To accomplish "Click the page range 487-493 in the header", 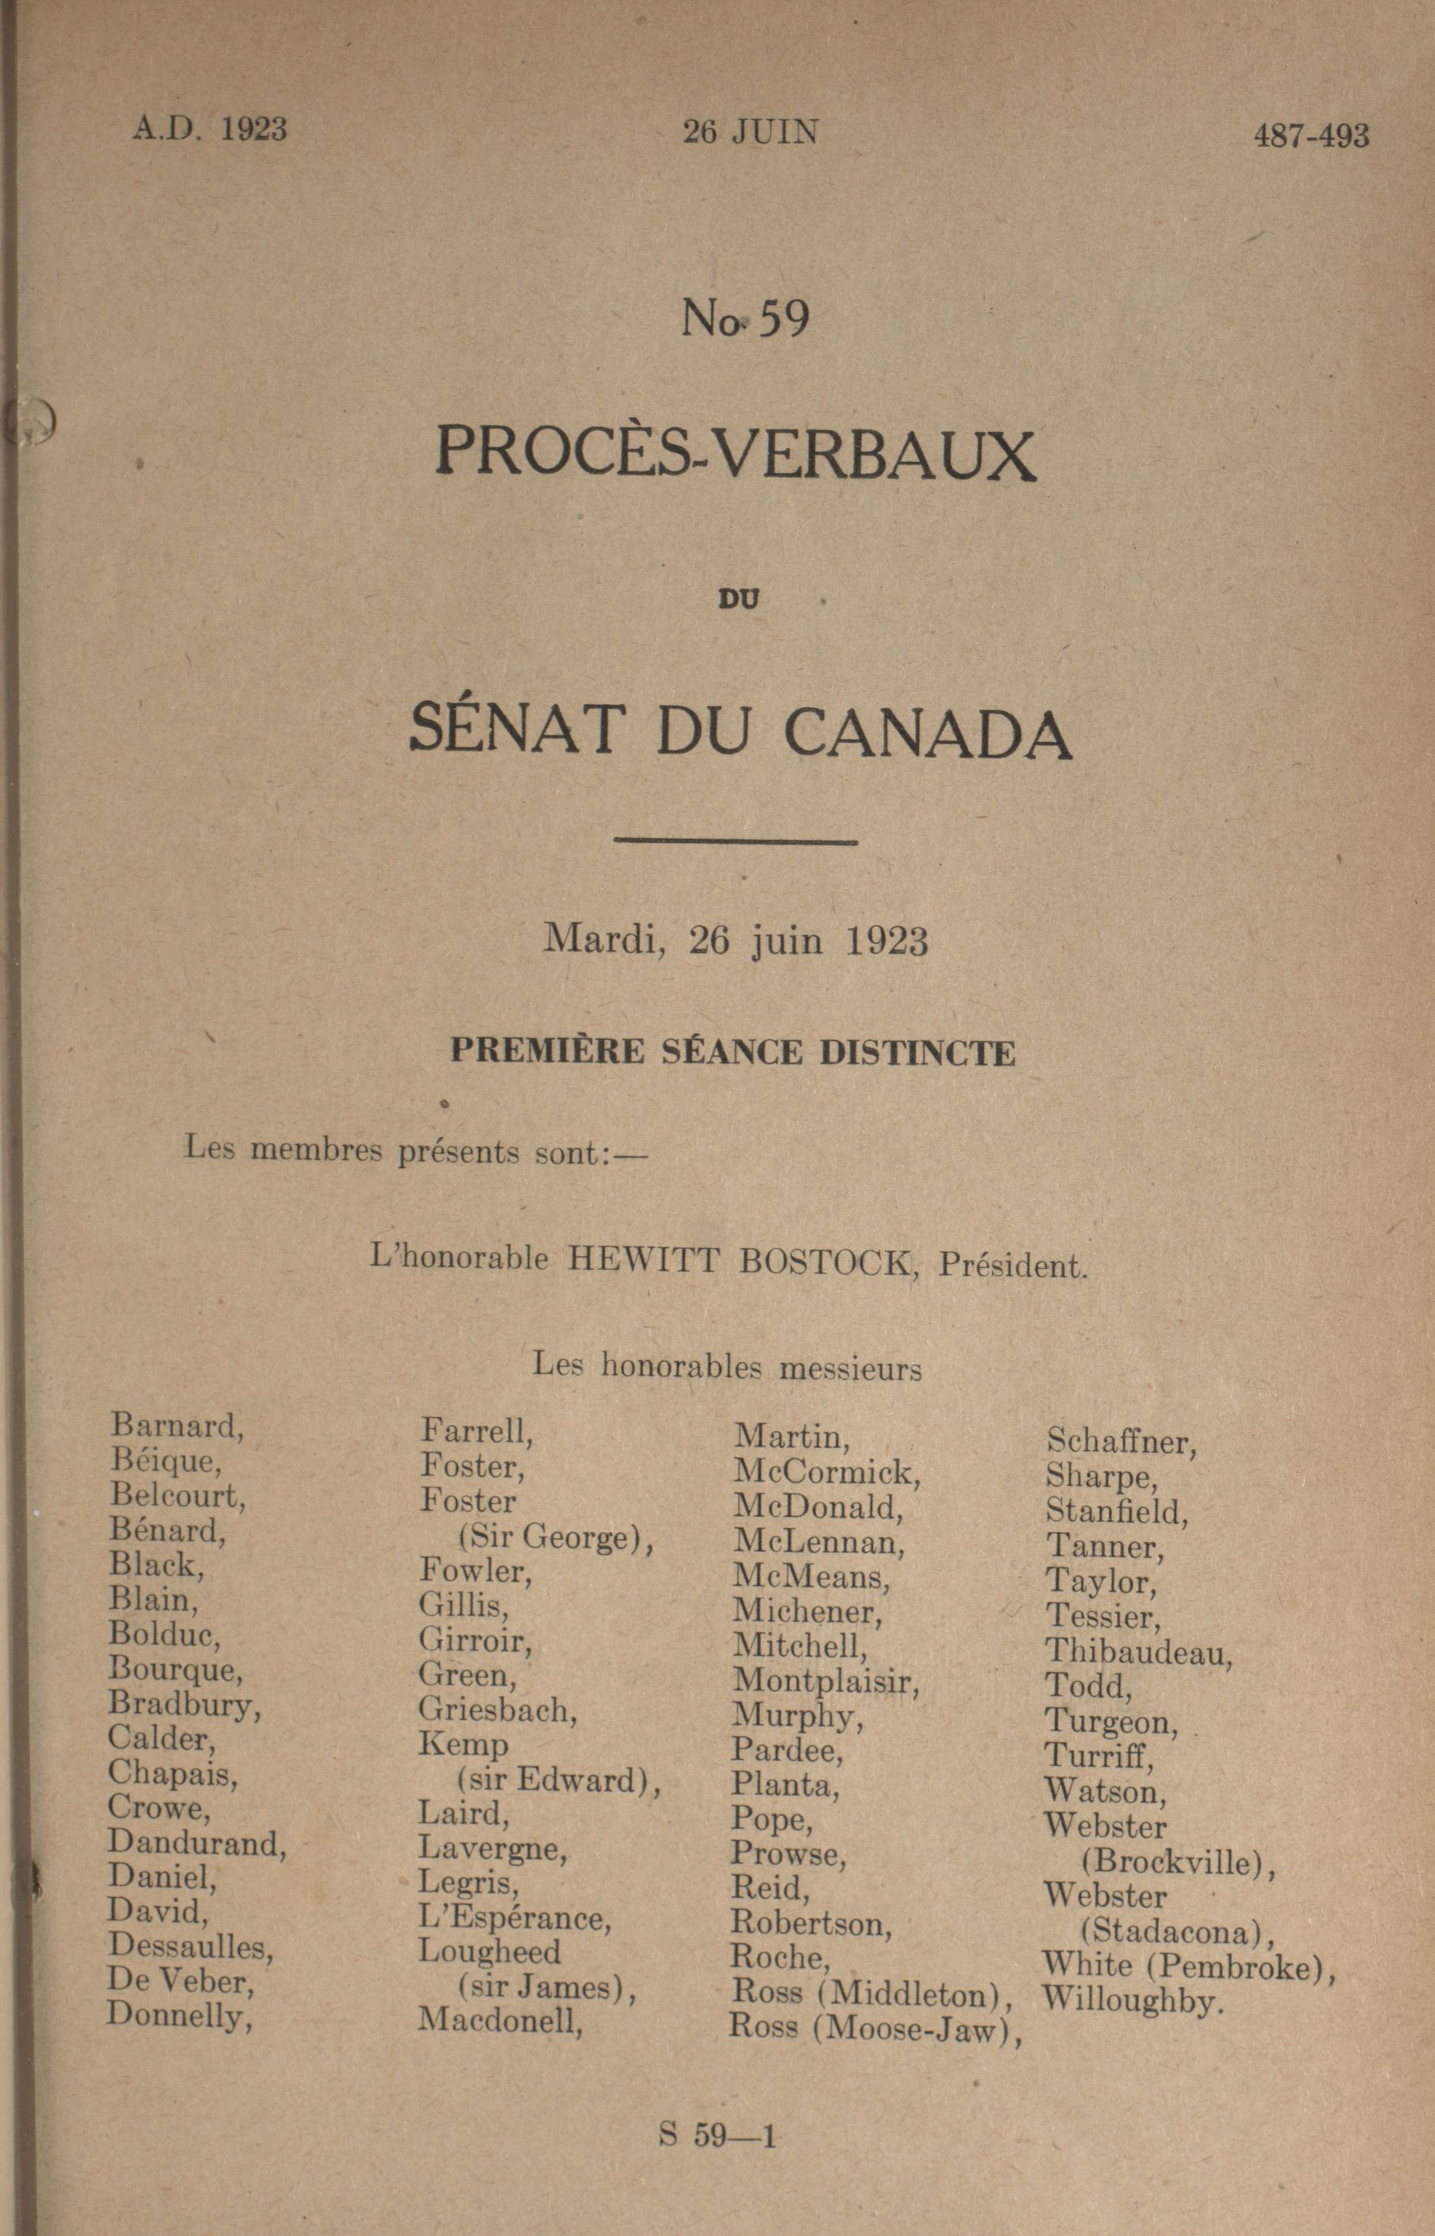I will click(1310, 136).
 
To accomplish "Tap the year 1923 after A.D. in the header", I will click(253, 129).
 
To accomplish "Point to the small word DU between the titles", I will click(738, 599).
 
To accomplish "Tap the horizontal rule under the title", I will click(735, 841).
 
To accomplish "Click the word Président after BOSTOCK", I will click(1012, 1265).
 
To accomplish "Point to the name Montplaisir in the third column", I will click(826, 1680).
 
